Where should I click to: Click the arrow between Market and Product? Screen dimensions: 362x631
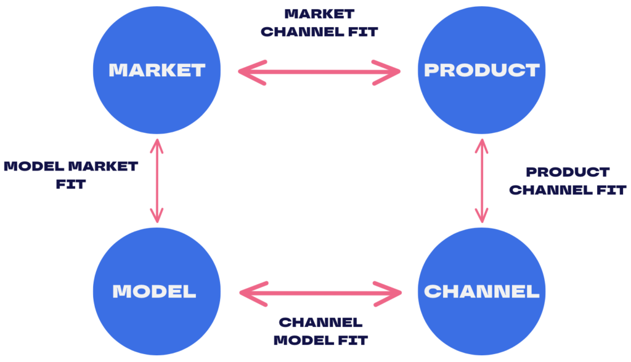point(319,72)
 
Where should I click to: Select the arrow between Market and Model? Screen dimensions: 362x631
point(157,180)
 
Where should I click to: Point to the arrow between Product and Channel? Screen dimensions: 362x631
point(481,180)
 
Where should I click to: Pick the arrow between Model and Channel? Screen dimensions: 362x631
point(319,294)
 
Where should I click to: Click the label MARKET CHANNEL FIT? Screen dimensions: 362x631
point(319,23)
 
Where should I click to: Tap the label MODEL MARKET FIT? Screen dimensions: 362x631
point(70,175)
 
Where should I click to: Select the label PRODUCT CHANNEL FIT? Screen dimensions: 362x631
point(568,181)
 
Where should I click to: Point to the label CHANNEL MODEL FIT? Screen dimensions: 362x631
point(320,331)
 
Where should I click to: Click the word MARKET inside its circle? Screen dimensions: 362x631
point(157,70)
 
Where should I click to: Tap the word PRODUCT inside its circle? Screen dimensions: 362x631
point(481,70)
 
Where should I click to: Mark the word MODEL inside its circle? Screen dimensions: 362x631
point(154,291)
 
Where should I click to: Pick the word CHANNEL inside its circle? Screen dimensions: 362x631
point(481,291)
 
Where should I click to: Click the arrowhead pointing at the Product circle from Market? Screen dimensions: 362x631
point(391,72)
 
